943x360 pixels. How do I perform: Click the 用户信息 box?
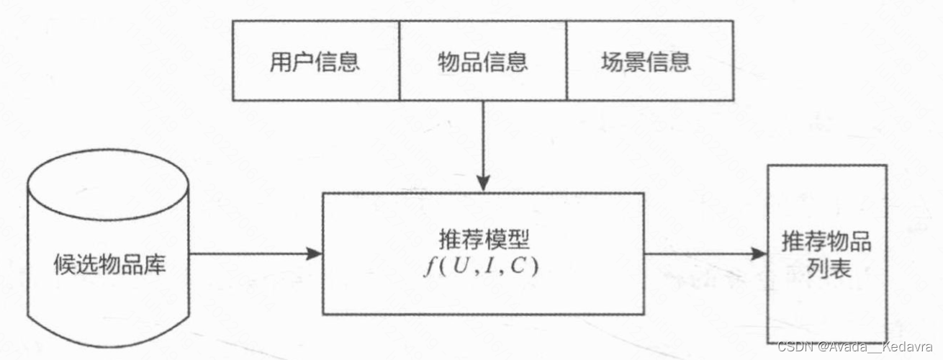click(x=315, y=60)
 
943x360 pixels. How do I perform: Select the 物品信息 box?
click(x=483, y=60)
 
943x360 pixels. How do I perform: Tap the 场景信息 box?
click(x=650, y=60)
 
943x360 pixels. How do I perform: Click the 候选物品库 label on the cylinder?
click(x=109, y=265)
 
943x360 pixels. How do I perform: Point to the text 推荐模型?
click(x=483, y=239)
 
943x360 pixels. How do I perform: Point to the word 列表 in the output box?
click(x=826, y=269)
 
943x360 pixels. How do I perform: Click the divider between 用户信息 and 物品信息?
click(x=400, y=60)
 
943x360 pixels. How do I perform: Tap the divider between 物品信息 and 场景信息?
click(x=567, y=60)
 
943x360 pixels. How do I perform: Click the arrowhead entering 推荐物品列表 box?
click(x=759, y=253)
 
